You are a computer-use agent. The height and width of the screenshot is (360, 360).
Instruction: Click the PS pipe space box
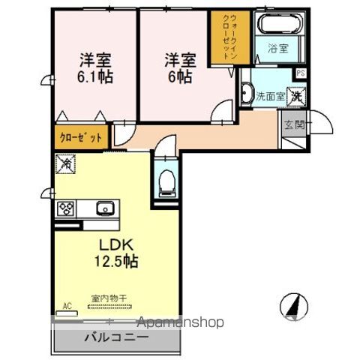(300, 73)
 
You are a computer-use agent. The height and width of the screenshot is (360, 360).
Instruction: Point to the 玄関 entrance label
(294, 124)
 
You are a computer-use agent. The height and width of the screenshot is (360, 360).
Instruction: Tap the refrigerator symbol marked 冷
(65, 161)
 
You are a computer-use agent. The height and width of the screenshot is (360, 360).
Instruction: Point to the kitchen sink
(103, 208)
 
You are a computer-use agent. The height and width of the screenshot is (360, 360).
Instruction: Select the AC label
(67, 305)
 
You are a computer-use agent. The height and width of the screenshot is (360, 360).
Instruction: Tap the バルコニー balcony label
(115, 338)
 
